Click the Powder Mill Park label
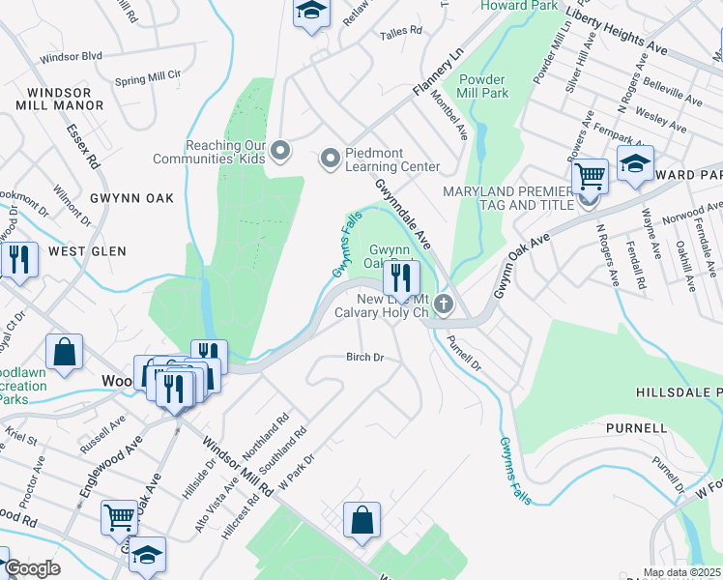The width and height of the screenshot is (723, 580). coord(482,86)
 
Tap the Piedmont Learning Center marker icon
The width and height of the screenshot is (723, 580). coord(331,157)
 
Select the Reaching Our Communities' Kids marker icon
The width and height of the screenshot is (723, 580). coord(280,150)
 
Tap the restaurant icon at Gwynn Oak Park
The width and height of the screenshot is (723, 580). coord(399,278)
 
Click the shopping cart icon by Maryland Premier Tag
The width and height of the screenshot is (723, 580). coord(590,176)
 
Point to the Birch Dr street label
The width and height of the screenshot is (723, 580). coord(365,357)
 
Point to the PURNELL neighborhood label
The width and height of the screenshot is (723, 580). coord(636,427)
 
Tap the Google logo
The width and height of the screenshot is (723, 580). coord(33,567)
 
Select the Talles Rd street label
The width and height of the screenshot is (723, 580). coord(401,32)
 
